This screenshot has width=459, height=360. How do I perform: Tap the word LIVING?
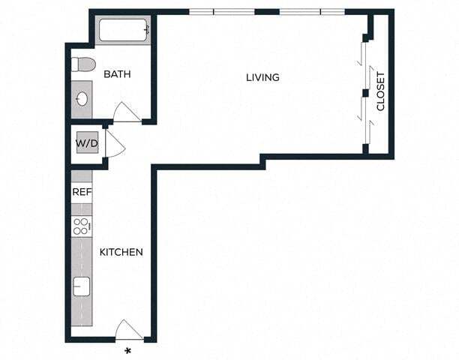click(x=262, y=77)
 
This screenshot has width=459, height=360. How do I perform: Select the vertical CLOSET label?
click(x=380, y=91)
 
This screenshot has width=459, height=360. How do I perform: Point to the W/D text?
click(x=86, y=142)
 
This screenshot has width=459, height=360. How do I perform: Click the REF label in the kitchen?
click(x=81, y=192)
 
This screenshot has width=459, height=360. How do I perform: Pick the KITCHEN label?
click(x=121, y=252)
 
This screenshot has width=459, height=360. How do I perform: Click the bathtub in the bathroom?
click(x=124, y=31)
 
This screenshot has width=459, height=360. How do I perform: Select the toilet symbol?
click(x=82, y=64)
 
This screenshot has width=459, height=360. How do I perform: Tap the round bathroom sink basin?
click(x=81, y=98)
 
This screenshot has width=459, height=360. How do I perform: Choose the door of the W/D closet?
click(x=114, y=145)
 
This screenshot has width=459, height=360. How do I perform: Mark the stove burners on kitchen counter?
click(x=81, y=225)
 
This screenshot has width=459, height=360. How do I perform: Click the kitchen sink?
click(x=81, y=286)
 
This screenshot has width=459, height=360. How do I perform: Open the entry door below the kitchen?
click(x=128, y=330)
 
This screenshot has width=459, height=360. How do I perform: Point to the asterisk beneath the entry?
click(x=127, y=350)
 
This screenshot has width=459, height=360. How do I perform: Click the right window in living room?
click(x=312, y=12)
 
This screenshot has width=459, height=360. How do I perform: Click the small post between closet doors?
click(x=364, y=93)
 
